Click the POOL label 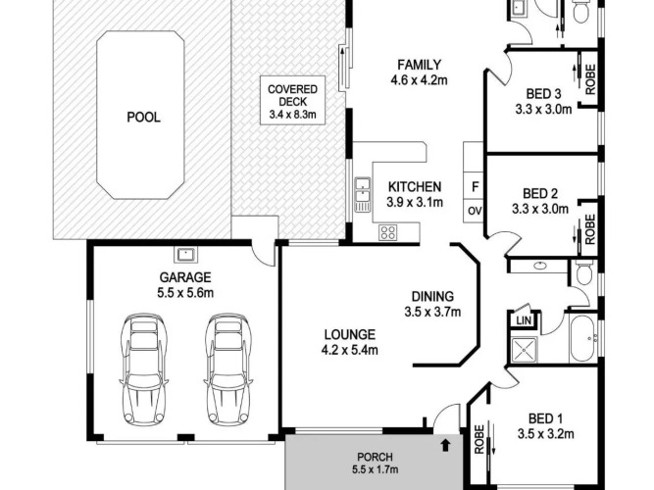(x=143, y=118)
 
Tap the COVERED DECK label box (x=292, y=100)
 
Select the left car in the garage (x=143, y=369)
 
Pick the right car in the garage (x=227, y=369)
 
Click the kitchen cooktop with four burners (x=387, y=232)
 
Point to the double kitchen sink (x=363, y=194)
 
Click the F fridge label (x=475, y=187)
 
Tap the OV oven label (x=475, y=211)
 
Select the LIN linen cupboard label (x=524, y=320)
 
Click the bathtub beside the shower (x=584, y=338)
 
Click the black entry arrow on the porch (x=446, y=445)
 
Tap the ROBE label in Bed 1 (x=479, y=439)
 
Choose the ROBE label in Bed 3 (x=590, y=78)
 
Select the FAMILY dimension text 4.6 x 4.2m (x=419, y=80)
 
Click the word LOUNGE (x=350, y=334)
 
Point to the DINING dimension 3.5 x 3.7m (x=432, y=312)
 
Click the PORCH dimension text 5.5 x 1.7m (x=375, y=469)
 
